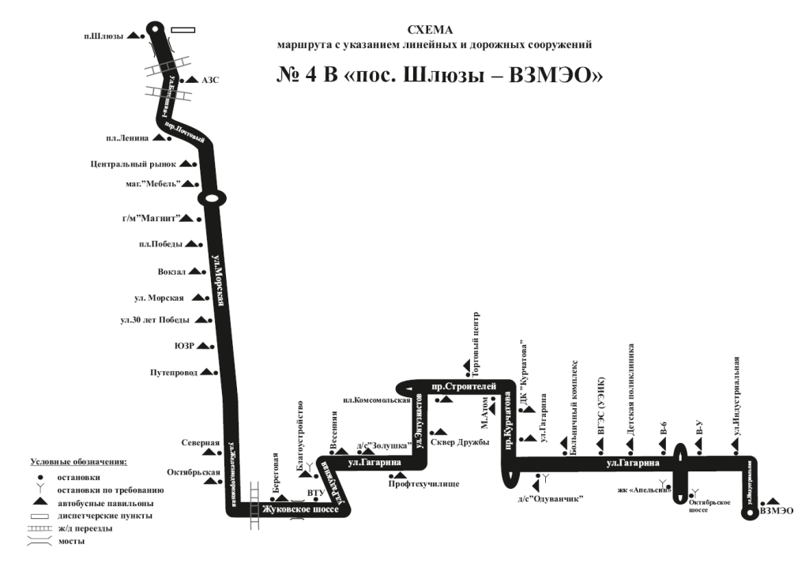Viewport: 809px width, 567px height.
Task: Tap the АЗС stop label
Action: (209, 81)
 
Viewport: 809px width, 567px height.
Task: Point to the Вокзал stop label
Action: (171, 272)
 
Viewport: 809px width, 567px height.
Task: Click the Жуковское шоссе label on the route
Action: (299, 510)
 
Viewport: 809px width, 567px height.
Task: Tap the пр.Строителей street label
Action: (465, 387)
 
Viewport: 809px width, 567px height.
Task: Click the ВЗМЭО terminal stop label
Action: (776, 511)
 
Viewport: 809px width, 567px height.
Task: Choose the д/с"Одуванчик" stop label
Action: (550, 498)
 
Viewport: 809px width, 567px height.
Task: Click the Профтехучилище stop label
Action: (423, 483)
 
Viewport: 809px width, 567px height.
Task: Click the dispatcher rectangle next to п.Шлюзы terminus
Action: (182, 30)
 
